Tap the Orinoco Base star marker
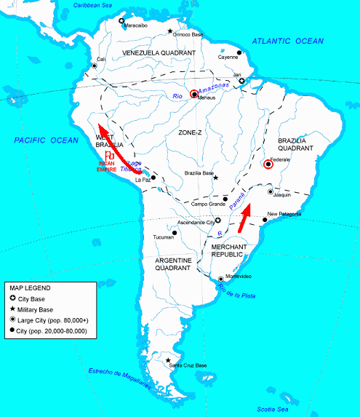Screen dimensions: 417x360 [x=170, y=31]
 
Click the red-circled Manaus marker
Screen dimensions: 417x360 [x=194, y=94]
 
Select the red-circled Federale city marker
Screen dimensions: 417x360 [x=268, y=164]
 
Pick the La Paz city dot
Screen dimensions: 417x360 [x=153, y=176]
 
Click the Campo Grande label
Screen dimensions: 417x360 [x=209, y=204]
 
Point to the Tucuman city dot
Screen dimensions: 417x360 [x=174, y=233]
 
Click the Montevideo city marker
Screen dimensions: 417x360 [x=221, y=279]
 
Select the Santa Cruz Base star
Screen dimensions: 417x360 [x=169, y=360]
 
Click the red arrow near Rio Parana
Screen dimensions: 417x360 [x=245, y=219]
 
